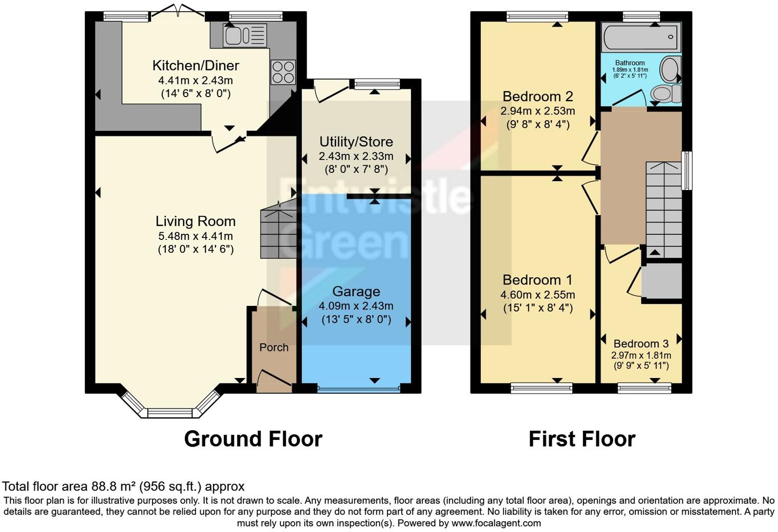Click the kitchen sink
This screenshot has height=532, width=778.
tap(245, 35)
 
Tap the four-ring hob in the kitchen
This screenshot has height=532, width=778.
tap(283, 72)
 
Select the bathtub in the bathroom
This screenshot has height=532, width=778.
tap(641, 37)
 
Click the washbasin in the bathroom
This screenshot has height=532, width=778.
tap(671, 70)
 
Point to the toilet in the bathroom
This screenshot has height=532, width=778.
tap(665, 93)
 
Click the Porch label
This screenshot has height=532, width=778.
tap(274, 347)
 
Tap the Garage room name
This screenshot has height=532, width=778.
tap(356, 292)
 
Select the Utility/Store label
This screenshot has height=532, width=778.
tap(356, 142)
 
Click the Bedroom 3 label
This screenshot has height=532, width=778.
tap(641, 344)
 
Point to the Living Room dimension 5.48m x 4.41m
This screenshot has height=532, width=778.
tap(196, 236)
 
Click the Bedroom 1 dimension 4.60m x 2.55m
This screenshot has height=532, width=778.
tap(537, 295)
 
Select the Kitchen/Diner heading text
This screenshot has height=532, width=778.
tap(196, 65)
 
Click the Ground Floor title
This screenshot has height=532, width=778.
tap(253, 439)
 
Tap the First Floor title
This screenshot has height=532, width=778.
tap(582, 439)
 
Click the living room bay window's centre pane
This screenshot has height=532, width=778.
tap(170, 413)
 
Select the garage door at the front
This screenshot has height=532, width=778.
tap(359, 388)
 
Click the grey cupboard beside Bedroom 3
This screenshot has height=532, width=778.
tap(662, 281)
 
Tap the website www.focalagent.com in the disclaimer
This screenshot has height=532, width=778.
tap(496, 523)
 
